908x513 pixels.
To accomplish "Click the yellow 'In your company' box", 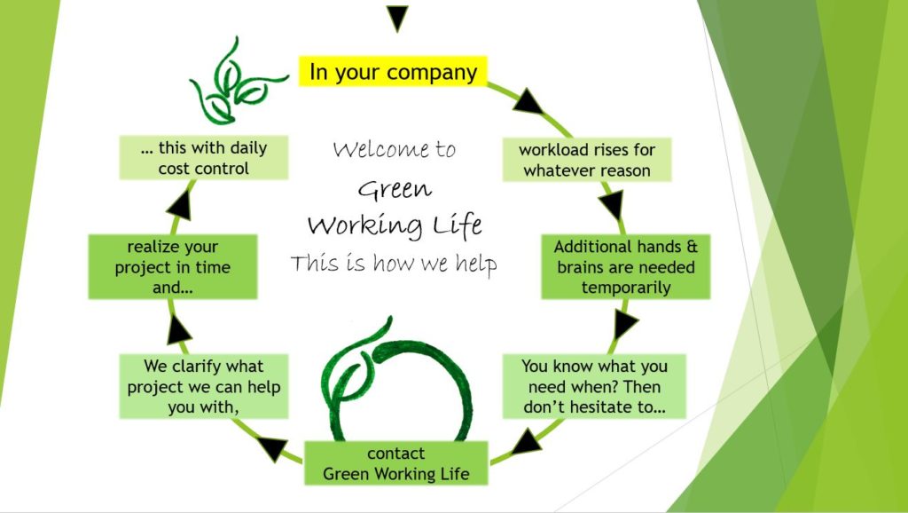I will [393, 71].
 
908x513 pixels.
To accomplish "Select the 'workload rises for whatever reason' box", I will [586, 160].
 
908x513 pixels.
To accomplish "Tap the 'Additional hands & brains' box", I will [626, 266].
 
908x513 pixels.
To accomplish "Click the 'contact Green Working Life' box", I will [395, 463].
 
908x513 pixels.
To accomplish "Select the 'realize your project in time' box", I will [172, 267].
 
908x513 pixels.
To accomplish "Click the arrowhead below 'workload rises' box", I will [612, 208].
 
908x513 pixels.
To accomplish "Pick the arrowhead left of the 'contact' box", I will [276, 449].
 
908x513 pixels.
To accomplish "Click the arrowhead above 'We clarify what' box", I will [180, 329].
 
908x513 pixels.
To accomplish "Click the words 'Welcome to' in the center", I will [395, 149].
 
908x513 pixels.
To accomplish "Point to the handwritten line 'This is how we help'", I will [394, 264].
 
